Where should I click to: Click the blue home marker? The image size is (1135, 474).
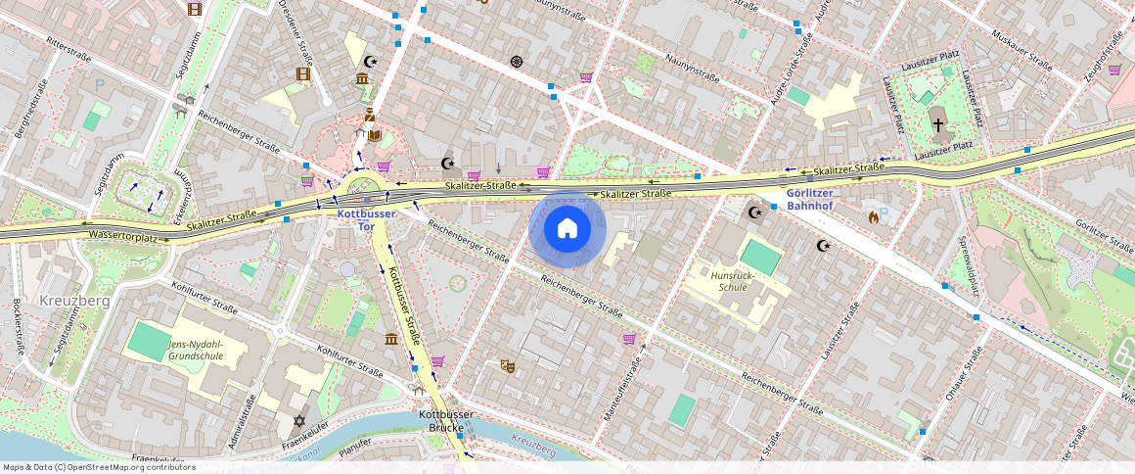click(x=567, y=229)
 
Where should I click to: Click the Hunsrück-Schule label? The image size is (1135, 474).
click(x=735, y=282)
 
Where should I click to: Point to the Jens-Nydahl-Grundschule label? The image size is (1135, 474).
click(x=196, y=351)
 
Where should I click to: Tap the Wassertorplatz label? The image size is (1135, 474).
click(x=122, y=236)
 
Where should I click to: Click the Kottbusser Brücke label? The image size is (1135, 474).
click(x=446, y=421)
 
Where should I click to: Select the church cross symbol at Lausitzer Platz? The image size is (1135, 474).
click(x=938, y=125)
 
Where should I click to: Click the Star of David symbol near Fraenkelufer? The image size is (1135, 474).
click(x=300, y=421)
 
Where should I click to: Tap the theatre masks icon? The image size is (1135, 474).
click(x=508, y=365)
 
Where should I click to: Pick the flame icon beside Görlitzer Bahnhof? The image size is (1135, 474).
click(x=873, y=216)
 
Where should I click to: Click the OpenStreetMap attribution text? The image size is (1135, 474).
click(x=98, y=467)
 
